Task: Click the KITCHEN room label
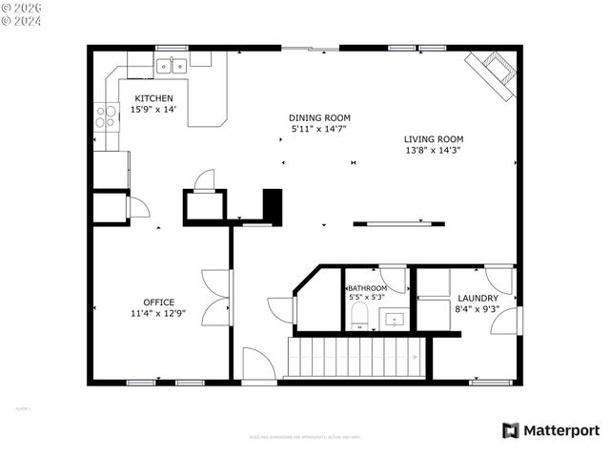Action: [153, 98]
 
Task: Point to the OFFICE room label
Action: [159, 302]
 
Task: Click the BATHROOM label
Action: [367, 288]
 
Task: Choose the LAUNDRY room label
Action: [478, 298]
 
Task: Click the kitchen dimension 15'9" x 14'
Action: [153, 110]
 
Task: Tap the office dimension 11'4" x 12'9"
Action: [159, 313]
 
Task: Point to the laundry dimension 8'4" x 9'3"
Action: [478, 308]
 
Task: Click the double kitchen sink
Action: [171, 66]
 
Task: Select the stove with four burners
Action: [105, 117]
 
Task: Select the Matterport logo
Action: [552, 430]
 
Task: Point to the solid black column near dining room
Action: [273, 205]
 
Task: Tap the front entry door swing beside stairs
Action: [258, 364]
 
